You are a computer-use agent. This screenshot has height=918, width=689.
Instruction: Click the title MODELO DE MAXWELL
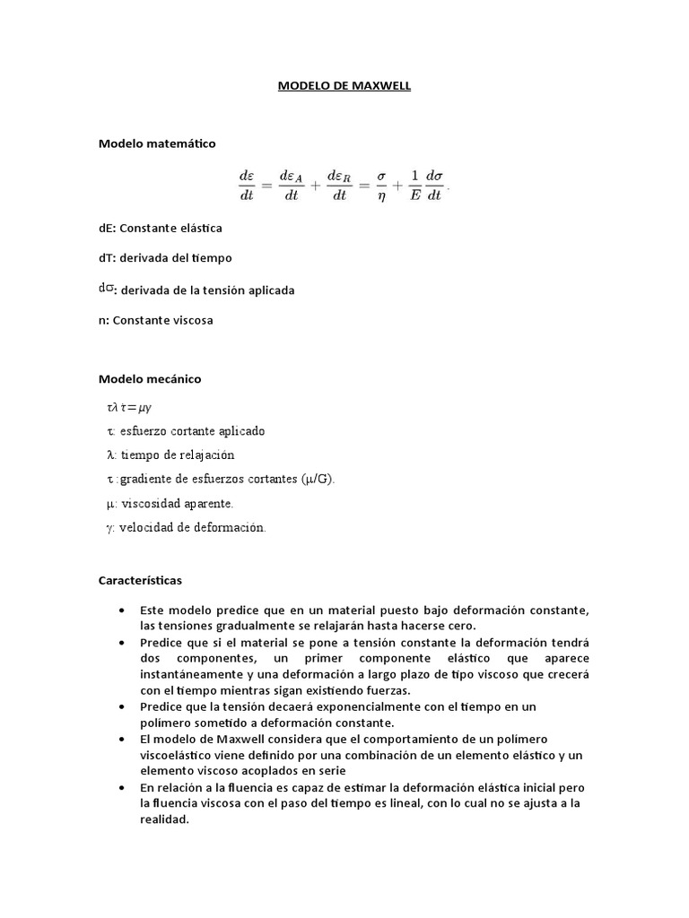tap(344, 86)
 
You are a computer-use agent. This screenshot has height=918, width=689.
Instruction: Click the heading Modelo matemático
tap(157, 143)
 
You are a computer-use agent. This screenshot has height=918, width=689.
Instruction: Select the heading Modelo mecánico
tap(150, 378)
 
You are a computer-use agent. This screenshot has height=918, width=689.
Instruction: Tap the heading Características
tap(140, 580)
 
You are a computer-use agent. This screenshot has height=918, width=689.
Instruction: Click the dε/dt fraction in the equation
tap(246, 186)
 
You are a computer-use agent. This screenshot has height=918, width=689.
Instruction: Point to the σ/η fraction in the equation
tap(381, 186)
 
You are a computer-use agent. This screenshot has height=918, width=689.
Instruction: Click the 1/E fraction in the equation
tap(414, 186)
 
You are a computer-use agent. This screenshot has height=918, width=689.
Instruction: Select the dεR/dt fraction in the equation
tap(339, 186)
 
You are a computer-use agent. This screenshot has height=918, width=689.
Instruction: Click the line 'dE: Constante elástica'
tap(161, 228)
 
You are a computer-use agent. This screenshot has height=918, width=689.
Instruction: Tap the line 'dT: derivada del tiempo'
tap(165, 257)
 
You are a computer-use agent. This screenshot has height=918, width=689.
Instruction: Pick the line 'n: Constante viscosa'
tap(156, 319)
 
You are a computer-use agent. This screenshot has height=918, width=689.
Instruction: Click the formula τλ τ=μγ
tap(129, 407)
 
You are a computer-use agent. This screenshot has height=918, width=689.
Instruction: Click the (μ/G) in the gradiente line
tap(318, 479)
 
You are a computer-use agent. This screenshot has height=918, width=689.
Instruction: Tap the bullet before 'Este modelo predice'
tap(122, 611)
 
